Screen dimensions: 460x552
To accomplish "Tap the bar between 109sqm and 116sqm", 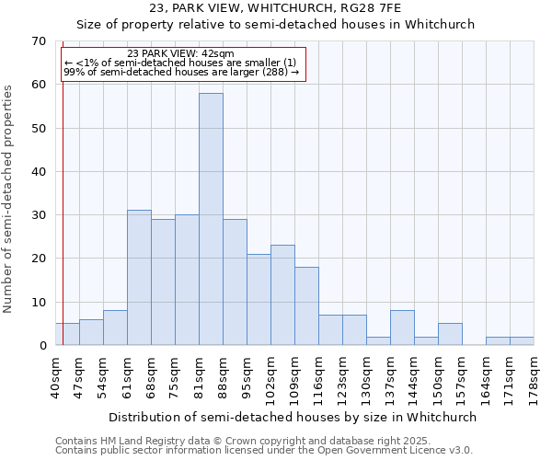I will pos(306,306).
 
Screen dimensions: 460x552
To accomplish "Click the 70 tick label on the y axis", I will pos(38,41).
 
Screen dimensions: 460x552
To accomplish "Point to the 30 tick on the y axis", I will pos(38,215).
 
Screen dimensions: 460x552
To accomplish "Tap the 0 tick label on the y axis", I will pos(41,346).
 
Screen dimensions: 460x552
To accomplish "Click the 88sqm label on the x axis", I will pos(224,372).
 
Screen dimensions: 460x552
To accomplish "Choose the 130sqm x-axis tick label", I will pos(367,374).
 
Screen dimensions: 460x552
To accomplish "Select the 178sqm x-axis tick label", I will pos(534,374).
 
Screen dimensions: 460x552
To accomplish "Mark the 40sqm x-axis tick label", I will pos(56,372).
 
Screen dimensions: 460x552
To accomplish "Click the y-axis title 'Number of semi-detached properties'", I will pos(9,198).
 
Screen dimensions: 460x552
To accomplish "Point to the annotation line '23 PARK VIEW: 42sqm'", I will pos(180,53).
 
